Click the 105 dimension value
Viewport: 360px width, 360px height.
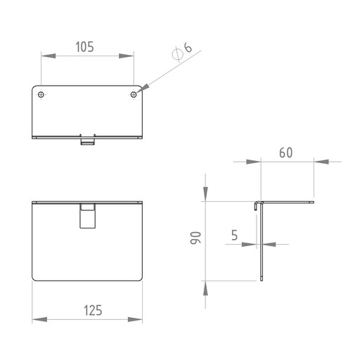click(84, 47)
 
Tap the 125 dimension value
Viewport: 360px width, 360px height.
click(93, 310)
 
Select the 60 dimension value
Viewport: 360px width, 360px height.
click(286, 153)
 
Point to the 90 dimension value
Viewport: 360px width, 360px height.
click(195, 238)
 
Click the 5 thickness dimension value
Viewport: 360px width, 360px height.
click(235, 235)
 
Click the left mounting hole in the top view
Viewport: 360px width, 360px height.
click(41, 95)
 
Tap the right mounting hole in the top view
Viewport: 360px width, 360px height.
click(134, 95)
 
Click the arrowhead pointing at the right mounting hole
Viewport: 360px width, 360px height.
click(143, 89)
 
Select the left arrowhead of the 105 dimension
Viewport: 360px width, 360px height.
click(49, 56)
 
